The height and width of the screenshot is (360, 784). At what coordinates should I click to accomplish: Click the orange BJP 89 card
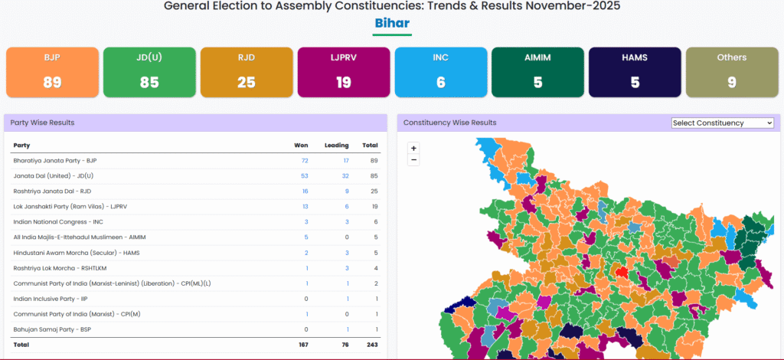[x=52, y=72]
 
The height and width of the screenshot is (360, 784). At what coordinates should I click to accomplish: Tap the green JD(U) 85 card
[x=149, y=72]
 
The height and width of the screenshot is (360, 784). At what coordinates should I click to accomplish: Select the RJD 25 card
[x=246, y=72]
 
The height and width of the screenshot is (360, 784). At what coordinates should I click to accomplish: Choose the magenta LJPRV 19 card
[x=343, y=72]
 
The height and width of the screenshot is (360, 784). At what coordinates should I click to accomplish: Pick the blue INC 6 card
[x=440, y=72]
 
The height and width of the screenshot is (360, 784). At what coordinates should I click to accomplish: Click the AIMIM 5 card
[x=537, y=72]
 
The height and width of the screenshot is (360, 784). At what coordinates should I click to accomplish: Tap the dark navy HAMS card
[x=635, y=72]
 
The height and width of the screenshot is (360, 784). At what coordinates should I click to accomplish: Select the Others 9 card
[x=732, y=72]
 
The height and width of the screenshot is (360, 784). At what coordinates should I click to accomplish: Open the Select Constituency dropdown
[x=722, y=123]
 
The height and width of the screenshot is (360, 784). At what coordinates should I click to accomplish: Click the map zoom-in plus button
[x=414, y=148]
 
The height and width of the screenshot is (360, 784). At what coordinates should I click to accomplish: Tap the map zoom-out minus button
[x=414, y=160]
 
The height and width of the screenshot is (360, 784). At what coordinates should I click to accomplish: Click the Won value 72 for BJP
[x=304, y=161]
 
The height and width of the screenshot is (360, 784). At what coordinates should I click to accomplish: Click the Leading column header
[x=337, y=145]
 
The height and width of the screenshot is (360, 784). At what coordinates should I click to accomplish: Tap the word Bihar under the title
[x=392, y=23]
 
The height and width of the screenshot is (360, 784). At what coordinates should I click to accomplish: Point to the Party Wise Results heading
[x=42, y=123]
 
